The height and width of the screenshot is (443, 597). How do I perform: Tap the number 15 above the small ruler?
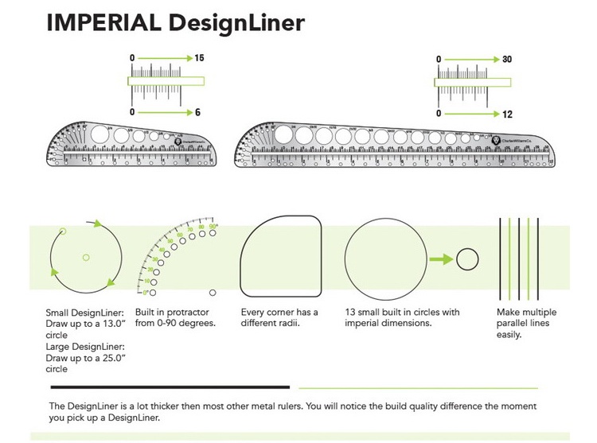[x=199, y=59]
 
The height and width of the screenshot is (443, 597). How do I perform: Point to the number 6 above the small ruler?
[x=197, y=112]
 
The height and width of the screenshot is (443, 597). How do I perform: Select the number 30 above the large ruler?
[x=507, y=60]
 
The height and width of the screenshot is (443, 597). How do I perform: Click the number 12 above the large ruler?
[x=507, y=115]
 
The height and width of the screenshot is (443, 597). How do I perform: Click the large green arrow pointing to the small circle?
[x=439, y=258]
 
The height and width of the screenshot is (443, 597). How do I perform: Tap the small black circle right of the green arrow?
[x=466, y=258]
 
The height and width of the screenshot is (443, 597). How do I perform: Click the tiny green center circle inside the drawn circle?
[x=86, y=257]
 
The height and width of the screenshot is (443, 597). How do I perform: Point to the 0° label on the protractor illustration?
[x=146, y=293]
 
